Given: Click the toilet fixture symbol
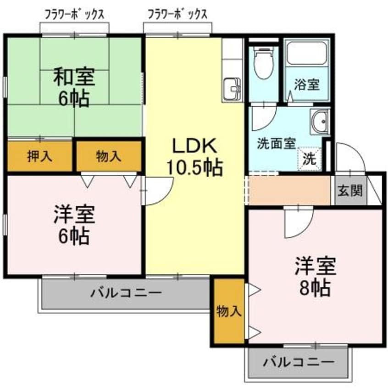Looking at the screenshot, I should (263, 64).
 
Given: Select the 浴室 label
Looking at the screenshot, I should (306, 86).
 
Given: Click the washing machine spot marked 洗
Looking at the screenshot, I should (310, 159).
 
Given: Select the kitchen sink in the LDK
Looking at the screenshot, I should (232, 88).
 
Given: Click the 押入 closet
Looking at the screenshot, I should (40, 156).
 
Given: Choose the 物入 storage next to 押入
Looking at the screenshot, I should (109, 156).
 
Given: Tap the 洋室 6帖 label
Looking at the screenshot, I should (74, 225).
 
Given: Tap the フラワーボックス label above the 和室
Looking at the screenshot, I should (74, 14).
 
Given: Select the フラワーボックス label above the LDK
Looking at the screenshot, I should (177, 14).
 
